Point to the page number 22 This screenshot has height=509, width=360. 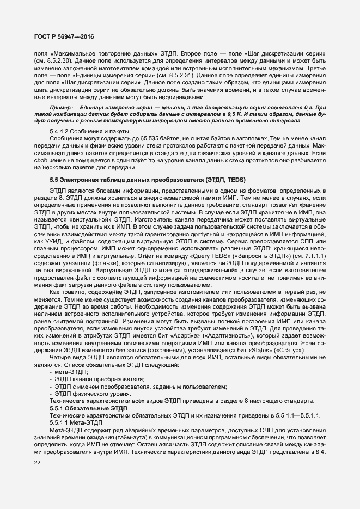(38, 462)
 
